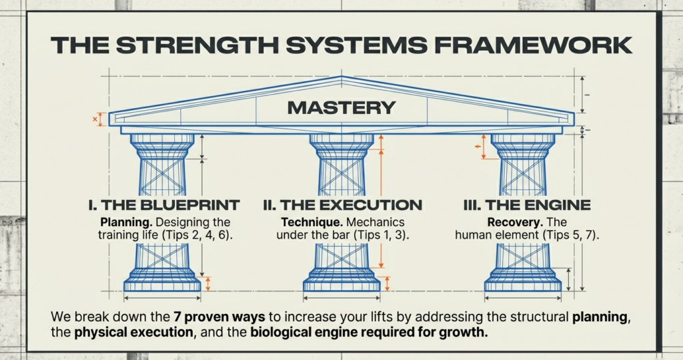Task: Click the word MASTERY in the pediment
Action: (341, 107)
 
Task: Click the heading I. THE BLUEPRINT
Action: (164, 205)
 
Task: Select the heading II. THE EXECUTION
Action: (341, 205)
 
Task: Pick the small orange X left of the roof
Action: (95, 119)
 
